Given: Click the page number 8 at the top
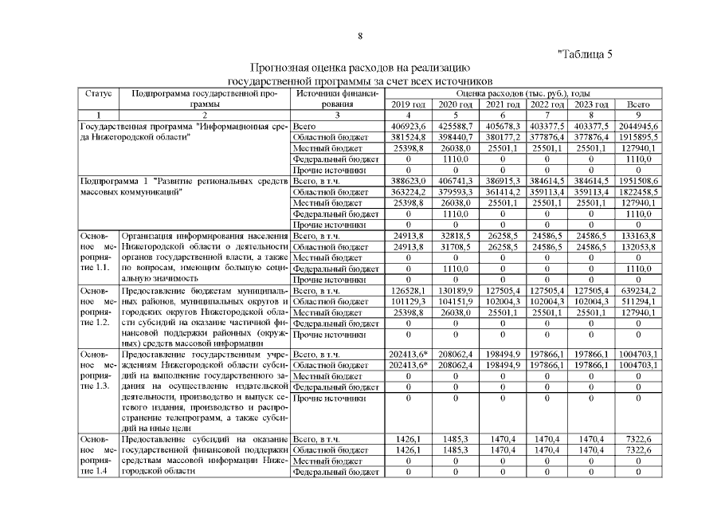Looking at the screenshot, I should pos(360,36).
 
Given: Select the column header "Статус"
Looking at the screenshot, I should pos(98,93).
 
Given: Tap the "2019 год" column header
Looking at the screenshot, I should pos(409,104).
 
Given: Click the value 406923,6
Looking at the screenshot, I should pos(409,127).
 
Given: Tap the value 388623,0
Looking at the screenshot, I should pos(409,182).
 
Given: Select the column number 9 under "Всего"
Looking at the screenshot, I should pos(638,116).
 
